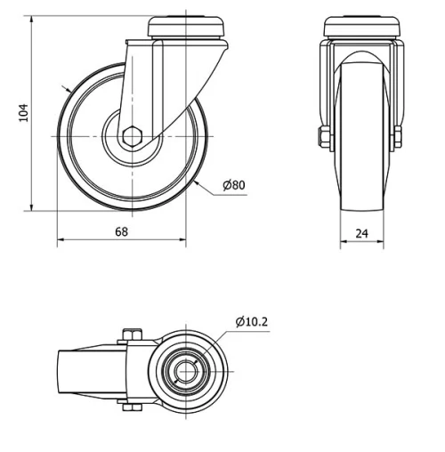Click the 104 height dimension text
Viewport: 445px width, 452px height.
[24, 113]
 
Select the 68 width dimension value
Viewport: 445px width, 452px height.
[122, 231]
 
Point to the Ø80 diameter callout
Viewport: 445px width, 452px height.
[233, 185]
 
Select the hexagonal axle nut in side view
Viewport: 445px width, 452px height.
[132, 136]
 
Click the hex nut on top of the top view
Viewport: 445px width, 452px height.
[130, 335]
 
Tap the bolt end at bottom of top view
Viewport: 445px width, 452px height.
[131, 408]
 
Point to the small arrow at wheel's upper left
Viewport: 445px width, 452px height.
[69, 90]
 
